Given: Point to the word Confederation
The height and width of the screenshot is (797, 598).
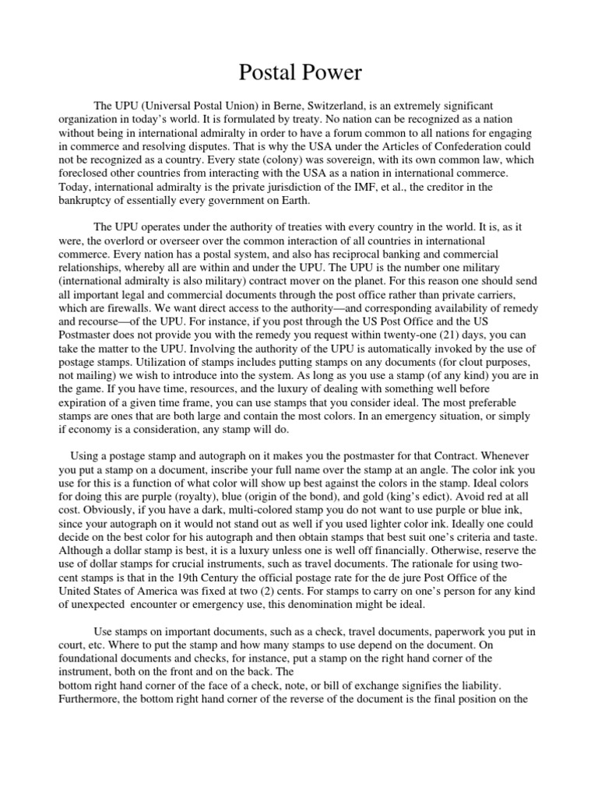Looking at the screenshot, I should coord(456,145).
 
